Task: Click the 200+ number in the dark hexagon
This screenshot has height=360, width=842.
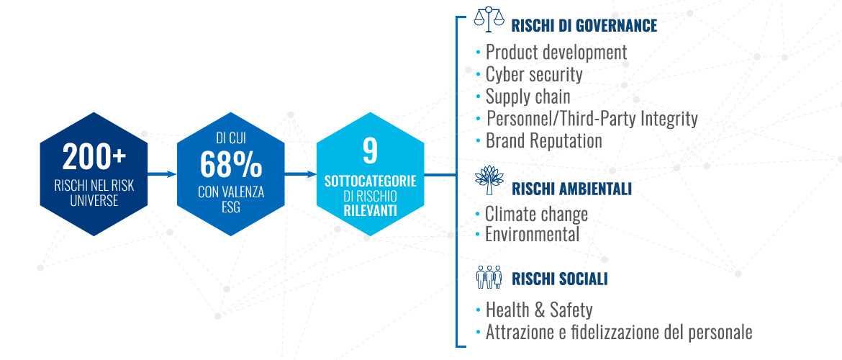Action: [x=94, y=158]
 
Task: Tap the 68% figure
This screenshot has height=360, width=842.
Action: [x=231, y=165]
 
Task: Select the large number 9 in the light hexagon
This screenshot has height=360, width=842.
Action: [x=370, y=151]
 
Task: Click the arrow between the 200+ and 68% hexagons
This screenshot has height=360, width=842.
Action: [x=162, y=174]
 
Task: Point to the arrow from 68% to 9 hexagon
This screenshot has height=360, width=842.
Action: [x=301, y=174]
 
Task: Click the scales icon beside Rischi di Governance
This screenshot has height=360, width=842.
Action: [x=489, y=17]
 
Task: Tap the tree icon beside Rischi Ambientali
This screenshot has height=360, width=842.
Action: [x=489, y=180]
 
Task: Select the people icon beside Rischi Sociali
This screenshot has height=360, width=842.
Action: [x=489, y=276]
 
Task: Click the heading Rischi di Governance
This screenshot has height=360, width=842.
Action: [x=584, y=26]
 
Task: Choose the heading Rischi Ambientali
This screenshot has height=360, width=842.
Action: [x=571, y=189]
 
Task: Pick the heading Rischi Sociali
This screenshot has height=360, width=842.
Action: [x=560, y=279]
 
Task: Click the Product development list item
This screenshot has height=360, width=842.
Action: [x=556, y=52]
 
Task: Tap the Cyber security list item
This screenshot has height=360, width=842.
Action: [x=534, y=75]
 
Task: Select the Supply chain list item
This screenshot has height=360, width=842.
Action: [x=528, y=96]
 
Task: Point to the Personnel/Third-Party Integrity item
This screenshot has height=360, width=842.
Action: [x=592, y=119]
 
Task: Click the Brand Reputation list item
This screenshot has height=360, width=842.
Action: [x=544, y=141]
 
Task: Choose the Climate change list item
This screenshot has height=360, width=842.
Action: [x=536, y=214]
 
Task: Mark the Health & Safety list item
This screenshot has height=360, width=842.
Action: [x=539, y=310]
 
